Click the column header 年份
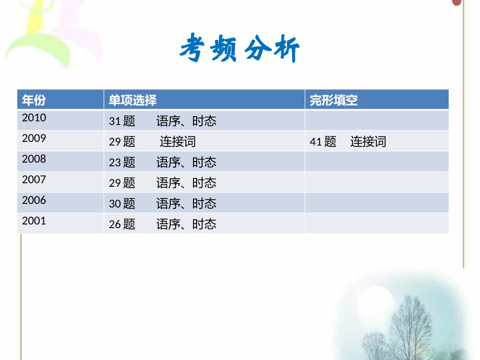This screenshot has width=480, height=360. click(x=34, y=100)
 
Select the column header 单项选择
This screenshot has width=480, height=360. click(x=133, y=100)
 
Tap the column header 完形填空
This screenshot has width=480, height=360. click(x=333, y=100)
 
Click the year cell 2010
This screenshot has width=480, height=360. click(x=34, y=118)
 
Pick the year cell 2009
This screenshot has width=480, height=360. click(x=34, y=138)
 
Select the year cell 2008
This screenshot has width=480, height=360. click(x=34, y=159)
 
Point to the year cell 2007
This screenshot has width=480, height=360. click(x=34, y=180)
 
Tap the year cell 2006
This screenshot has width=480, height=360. click(x=34, y=200)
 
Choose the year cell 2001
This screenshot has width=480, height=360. click(x=34, y=221)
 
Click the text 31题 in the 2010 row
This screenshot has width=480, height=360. click(x=122, y=121)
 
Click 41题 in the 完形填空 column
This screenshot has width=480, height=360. click(x=323, y=142)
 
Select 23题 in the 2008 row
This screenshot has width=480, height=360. click(x=122, y=163)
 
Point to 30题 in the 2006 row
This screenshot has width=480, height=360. click(x=122, y=203)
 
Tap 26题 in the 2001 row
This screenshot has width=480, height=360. click(x=122, y=224)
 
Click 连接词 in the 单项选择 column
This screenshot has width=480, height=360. click(x=178, y=142)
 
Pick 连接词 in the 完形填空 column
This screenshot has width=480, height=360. click(x=368, y=142)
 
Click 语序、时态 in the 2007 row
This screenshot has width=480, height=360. click(x=186, y=183)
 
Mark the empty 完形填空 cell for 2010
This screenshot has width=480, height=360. click(x=376, y=120)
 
